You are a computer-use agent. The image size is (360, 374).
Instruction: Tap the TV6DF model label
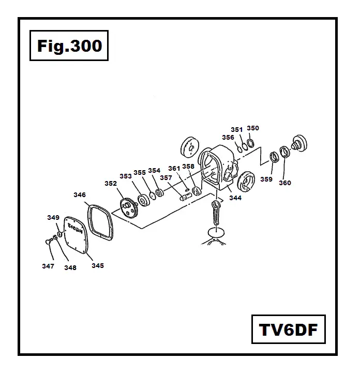288,329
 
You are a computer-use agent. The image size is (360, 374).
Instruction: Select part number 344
235,198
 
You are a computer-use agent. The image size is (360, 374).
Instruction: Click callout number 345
98,265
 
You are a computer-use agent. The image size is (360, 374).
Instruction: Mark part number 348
70,267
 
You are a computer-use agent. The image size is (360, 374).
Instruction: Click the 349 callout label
53,218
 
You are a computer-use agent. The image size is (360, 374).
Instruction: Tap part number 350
253,128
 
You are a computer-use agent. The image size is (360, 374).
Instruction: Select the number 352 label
111,183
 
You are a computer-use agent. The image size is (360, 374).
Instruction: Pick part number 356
228,138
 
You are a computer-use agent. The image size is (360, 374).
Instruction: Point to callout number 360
284,183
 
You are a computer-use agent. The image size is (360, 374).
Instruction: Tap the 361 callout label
174,168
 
